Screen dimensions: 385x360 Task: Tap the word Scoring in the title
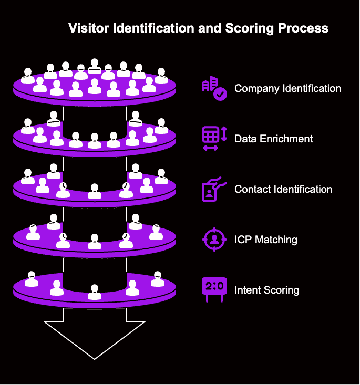[242, 28]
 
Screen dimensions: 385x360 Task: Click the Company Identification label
[287, 88]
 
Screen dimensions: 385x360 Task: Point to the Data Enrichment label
[273, 139]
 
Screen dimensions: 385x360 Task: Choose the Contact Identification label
[283, 189]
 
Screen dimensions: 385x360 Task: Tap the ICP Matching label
[265, 240]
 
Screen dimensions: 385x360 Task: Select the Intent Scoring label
[266, 290]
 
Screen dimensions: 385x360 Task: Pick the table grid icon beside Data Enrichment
[211, 136]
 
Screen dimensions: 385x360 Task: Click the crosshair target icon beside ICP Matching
[214, 240]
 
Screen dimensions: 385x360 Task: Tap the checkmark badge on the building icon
[220, 94]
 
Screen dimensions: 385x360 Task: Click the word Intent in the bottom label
[249, 290]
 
